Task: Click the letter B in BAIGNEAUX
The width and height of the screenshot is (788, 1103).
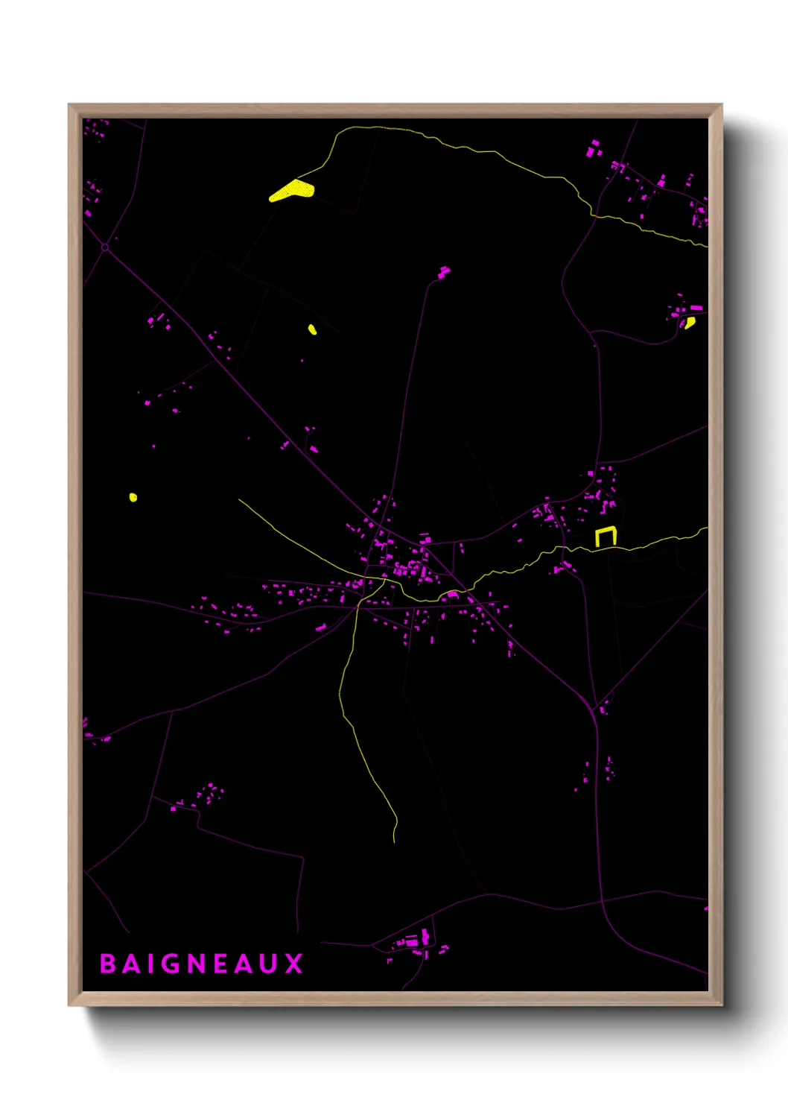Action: point(107,964)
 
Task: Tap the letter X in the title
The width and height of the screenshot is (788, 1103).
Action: point(294,964)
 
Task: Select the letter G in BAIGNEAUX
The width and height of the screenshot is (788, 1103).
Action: point(171,964)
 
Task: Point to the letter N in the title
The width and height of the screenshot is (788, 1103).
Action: point(196,964)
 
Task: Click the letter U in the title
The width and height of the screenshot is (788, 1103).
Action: point(270,964)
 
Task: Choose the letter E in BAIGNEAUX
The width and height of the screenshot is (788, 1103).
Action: point(220,964)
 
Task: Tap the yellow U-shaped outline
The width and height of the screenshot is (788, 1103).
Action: point(606,536)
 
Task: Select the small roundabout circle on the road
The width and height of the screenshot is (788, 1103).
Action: point(105,247)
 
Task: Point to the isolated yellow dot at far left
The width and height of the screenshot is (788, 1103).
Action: point(133,497)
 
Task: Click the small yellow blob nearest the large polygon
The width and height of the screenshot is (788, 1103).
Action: point(312,329)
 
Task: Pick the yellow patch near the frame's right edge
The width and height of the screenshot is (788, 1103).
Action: point(690,322)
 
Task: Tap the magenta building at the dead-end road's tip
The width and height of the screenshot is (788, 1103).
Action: point(444,273)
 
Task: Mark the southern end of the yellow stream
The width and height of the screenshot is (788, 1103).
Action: point(395,841)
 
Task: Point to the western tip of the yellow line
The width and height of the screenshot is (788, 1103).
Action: point(239,499)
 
